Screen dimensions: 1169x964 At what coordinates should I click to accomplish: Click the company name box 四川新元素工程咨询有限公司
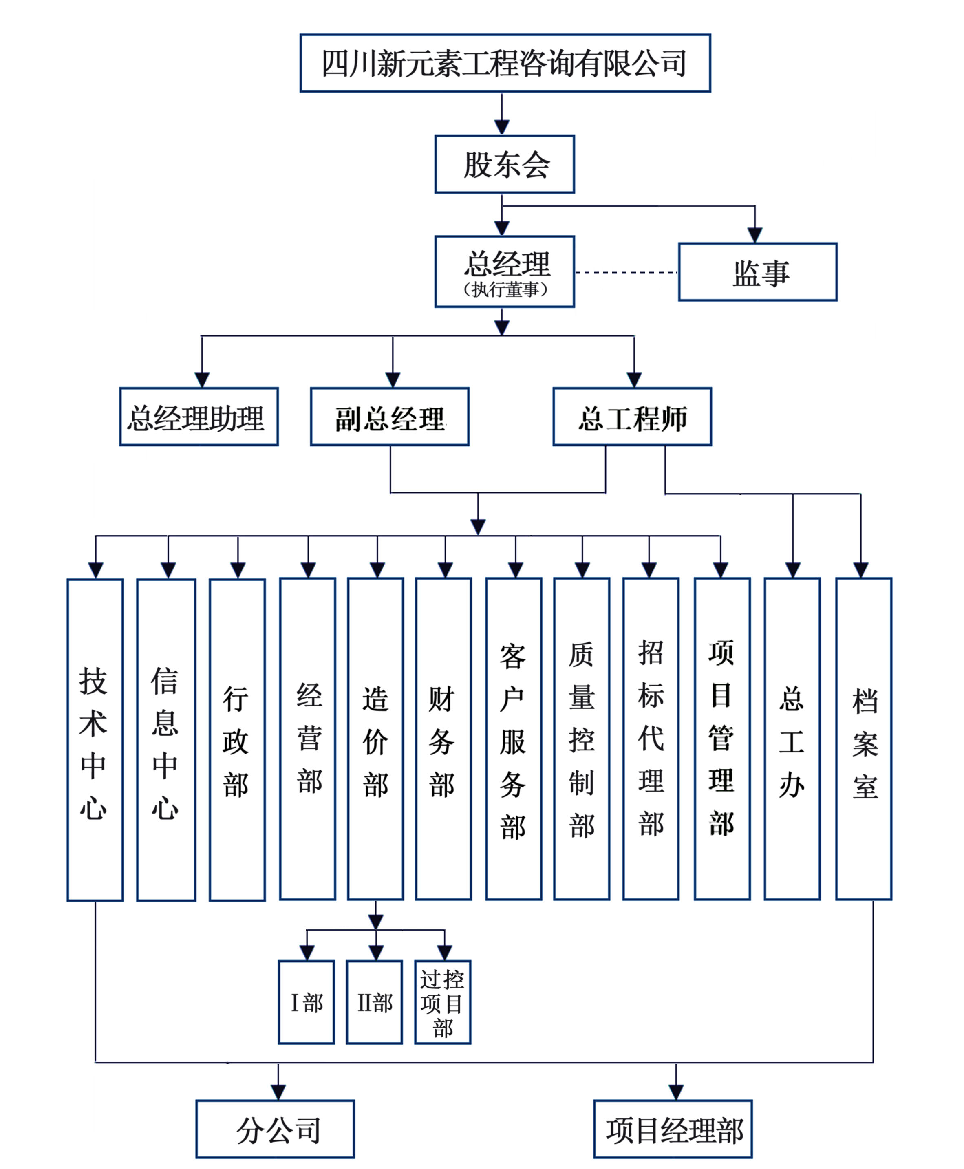[x=505, y=63]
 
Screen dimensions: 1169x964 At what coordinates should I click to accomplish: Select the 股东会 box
[x=504, y=164]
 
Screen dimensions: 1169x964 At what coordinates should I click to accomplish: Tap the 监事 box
[x=757, y=272]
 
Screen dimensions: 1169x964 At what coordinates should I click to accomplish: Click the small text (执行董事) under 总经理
[x=505, y=289]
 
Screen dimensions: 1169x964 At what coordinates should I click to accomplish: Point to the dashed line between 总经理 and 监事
[x=626, y=273]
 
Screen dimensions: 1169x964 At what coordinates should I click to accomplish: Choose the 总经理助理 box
[x=199, y=417]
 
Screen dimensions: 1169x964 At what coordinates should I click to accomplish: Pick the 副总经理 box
[x=389, y=417]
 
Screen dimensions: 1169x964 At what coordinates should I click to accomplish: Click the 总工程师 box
[x=632, y=417]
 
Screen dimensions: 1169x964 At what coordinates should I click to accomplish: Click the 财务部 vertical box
[x=443, y=739]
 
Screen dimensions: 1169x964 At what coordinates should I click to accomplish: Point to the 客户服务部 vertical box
[x=514, y=739]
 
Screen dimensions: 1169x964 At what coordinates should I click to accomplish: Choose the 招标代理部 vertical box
[x=650, y=739]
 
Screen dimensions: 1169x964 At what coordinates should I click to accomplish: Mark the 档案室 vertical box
[x=863, y=739]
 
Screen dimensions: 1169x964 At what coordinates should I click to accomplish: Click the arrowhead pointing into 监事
[x=754, y=236]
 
